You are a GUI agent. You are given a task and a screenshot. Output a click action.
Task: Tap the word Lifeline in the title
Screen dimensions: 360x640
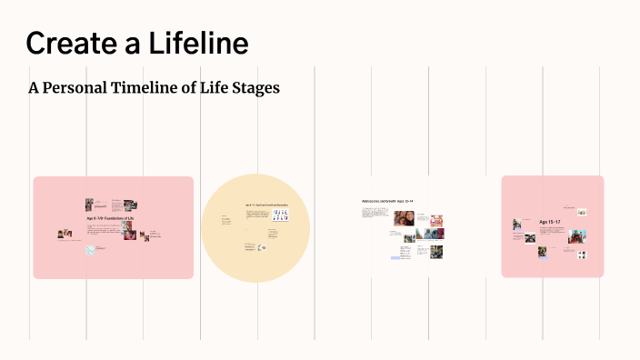pos(195,43)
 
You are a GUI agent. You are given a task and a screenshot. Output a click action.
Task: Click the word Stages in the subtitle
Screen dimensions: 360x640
pos(255,88)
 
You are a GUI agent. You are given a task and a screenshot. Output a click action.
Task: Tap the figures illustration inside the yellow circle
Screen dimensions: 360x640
pos(282,215)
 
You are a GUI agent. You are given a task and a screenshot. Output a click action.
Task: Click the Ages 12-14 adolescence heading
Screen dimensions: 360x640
pos(387,200)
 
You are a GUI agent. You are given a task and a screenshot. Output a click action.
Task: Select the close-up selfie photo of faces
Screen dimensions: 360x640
pos(404,219)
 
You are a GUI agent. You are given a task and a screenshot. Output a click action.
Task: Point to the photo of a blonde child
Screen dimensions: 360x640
pos(436,221)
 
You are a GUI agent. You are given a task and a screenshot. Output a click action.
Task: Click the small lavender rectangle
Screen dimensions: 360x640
pos(396,258)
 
